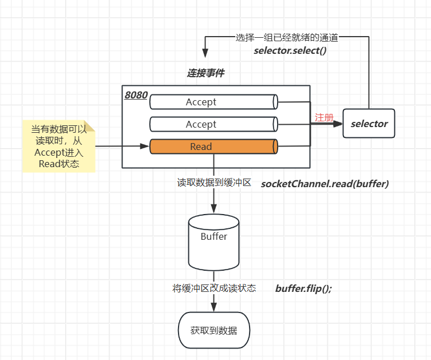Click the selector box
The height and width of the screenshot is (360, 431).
[369, 123]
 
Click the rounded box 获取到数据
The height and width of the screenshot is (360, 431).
[213, 330]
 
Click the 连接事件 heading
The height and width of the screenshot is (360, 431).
[205, 73]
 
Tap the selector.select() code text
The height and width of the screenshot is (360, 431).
[290, 50]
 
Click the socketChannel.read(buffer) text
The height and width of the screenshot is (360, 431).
[325, 184]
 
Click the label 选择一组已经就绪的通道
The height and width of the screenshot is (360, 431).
[287, 38]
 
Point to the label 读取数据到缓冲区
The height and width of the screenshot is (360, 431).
[214, 183]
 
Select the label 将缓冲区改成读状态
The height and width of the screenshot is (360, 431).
[214, 288]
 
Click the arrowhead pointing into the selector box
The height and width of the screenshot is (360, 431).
[338, 123]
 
